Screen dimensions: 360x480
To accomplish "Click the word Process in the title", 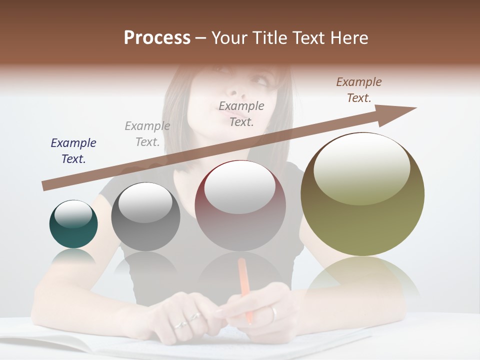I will tap(157, 38).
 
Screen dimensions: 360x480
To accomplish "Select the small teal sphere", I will tap(73, 224).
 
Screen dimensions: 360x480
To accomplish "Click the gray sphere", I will tap(145, 217).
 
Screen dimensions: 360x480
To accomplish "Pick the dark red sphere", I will tap(240, 206).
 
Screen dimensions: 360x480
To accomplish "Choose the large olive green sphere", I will tap(362, 194).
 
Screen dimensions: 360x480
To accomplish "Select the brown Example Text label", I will tap(359, 90).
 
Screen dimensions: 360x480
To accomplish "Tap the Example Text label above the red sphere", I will tap(241, 113).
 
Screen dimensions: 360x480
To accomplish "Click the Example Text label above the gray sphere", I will tap(147, 134).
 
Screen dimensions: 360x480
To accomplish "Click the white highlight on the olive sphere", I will tap(362, 167).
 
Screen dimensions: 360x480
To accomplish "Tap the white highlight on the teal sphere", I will tap(73, 214).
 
